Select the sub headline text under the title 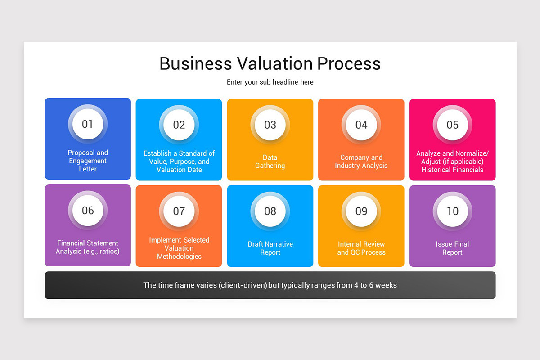tap(270, 82)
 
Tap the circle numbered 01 tap(88, 124)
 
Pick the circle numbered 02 tap(179, 125)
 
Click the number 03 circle tap(270, 125)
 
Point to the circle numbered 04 tap(361, 125)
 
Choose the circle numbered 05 tap(452, 125)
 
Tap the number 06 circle tap(88, 210)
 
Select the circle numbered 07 tap(179, 211)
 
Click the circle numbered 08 tap(270, 211)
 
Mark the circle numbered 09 tap(361, 211)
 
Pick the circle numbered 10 tap(452, 211)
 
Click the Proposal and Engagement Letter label tap(88, 161)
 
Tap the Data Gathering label tap(270, 162)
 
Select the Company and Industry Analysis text tap(361, 162)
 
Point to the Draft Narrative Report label tap(270, 248)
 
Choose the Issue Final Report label tap(452, 248)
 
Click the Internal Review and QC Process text tap(361, 248)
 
